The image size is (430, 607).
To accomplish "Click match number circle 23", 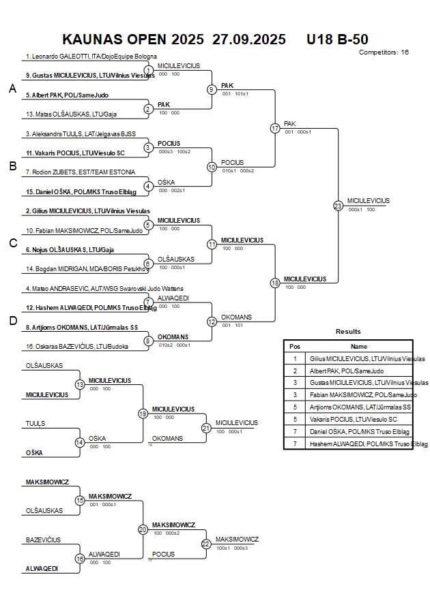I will pyautogui.click(x=338, y=205).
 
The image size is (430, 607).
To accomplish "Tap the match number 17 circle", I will pyautogui.click(x=275, y=128).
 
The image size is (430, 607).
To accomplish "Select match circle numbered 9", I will pyautogui.click(x=212, y=89).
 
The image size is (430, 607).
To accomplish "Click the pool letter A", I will pyautogui.click(x=12, y=89).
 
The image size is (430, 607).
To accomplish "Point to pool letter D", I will pyautogui.click(x=12, y=321).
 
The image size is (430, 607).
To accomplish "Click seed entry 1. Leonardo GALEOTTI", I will pyautogui.click(x=91, y=56).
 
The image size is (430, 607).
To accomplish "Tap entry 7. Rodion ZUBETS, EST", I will pyautogui.click(x=81, y=172).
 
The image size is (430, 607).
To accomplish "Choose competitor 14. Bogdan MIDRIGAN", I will pyautogui.click(x=87, y=269).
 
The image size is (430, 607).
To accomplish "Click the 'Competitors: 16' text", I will pyautogui.click(x=384, y=52).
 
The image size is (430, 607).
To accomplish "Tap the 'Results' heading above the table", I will pyautogui.click(x=348, y=331).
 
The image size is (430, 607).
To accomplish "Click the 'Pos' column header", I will pyautogui.click(x=295, y=346).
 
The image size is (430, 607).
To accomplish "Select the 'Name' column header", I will pyautogui.click(x=359, y=346).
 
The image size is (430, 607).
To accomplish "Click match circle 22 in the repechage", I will pyautogui.click(x=206, y=544).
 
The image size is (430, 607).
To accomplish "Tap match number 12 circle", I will pyautogui.click(x=212, y=321).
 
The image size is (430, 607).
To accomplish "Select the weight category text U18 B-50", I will pyautogui.click(x=338, y=40).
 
